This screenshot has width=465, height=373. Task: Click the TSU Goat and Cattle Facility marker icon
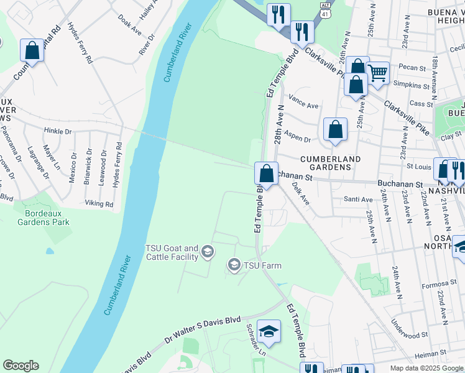[208, 252]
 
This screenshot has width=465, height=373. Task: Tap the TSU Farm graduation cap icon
[234, 265]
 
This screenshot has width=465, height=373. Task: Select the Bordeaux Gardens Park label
[43, 218]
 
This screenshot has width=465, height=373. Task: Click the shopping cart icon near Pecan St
[377, 73]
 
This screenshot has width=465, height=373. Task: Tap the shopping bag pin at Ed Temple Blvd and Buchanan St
[266, 174]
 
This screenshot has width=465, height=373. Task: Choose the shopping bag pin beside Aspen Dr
[335, 131]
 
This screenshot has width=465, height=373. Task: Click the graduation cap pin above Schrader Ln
[269, 332]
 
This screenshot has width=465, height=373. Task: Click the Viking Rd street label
[99, 204]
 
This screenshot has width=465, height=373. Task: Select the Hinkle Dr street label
[58, 131]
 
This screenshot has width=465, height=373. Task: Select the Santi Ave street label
[359, 200]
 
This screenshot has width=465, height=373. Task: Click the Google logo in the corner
[21, 366]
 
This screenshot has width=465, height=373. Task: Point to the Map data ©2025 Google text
[426, 368]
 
